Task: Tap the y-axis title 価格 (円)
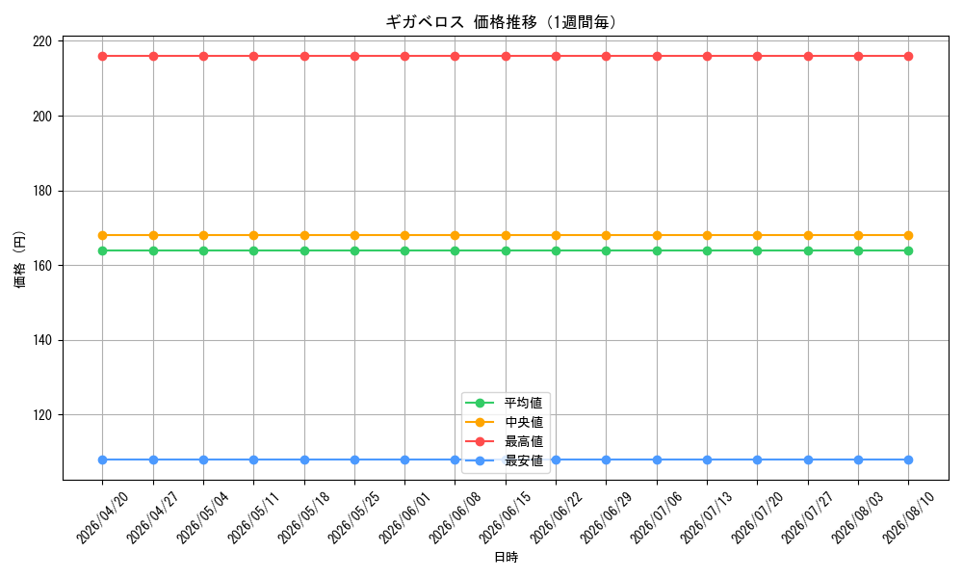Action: click(x=20, y=259)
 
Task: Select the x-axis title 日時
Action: click(x=507, y=557)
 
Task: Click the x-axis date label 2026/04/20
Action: click(x=102, y=518)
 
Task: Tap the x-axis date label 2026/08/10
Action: click(x=908, y=518)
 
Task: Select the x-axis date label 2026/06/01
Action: click(x=404, y=518)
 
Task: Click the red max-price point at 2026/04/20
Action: click(x=103, y=57)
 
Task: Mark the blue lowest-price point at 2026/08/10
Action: click(x=908, y=460)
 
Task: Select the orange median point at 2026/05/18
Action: click(x=304, y=235)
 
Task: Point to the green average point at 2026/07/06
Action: click(x=657, y=250)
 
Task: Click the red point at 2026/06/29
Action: click(x=606, y=57)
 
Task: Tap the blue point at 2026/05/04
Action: click(x=203, y=460)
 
